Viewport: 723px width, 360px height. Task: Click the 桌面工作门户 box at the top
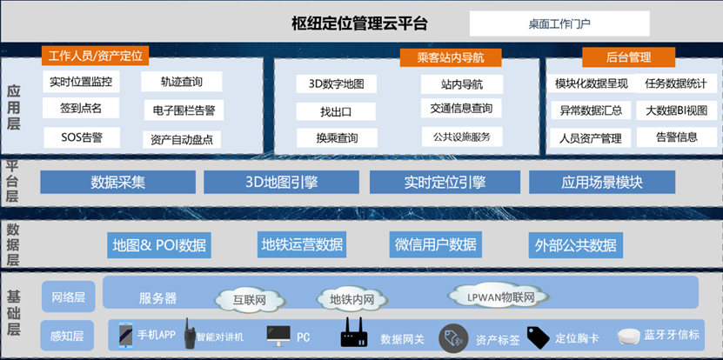click(559, 23)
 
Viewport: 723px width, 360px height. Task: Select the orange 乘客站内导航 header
click(451, 57)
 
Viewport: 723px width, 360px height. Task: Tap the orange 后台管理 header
click(628, 57)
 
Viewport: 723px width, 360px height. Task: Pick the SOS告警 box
click(82, 137)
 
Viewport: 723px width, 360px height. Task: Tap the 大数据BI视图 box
click(676, 110)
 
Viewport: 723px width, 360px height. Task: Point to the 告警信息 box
click(676, 137)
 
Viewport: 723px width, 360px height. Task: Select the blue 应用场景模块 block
click(601, 183)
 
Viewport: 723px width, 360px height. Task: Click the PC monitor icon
click(278, 335)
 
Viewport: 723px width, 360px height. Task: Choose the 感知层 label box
click(68, 335)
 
